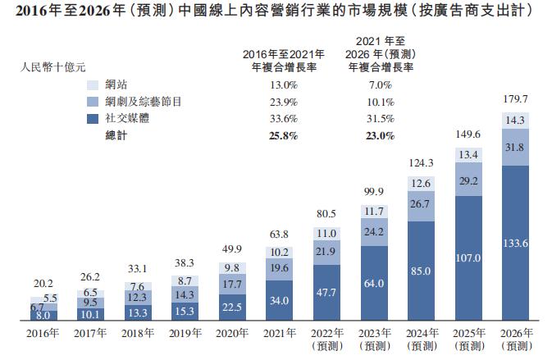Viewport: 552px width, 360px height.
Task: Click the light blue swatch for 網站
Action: [93, 84]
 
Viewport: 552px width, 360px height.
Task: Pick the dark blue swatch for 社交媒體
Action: [93, 119]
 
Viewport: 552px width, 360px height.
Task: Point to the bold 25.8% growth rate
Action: [278, 136]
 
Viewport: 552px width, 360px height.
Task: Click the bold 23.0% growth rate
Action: [378, 136]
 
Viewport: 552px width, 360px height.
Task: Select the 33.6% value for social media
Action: [278, 119]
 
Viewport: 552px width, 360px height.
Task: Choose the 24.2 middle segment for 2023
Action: [372, 232]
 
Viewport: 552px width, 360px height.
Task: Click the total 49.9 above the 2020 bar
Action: [232, 249]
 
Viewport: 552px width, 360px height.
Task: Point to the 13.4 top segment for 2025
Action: [467, 155]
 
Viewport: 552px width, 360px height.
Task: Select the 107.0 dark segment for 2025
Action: [467, 256]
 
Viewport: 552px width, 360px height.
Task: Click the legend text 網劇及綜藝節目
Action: [148, 102]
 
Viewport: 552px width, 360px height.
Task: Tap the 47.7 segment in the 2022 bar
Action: [326, 291]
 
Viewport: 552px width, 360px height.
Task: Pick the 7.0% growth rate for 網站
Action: [378, 84]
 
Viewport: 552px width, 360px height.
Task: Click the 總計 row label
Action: [116, 136]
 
